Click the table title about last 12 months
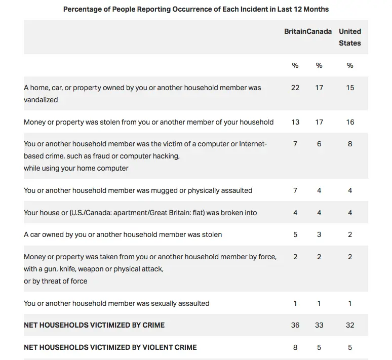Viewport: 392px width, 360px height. [x=195, y=9]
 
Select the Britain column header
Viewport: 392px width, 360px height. [x=295, y=31]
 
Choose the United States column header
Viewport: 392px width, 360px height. [x=350, y=37]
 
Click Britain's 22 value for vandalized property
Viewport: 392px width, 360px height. [x=295, y=88]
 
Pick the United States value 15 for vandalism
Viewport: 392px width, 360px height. [x=350, y=88]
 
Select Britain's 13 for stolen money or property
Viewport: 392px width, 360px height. [x=295, y=122]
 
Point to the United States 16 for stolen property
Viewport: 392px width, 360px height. [x=350, y=122]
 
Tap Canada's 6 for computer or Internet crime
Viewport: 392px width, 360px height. [x=319, y=144]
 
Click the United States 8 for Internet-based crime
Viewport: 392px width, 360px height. [x=350, y=144]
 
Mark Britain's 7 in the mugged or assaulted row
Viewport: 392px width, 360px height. [x=295, y=190]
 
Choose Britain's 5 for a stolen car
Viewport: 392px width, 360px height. [x=295, y=234]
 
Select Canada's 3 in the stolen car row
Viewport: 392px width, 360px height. [x=319, y=234]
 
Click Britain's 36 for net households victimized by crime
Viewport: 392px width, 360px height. [x=295, y=325]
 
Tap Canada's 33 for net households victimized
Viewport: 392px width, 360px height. [x=319, y=325]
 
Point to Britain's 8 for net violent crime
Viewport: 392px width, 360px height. [x=295, y=347]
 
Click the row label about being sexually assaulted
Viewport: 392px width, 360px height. [x=116, y=303]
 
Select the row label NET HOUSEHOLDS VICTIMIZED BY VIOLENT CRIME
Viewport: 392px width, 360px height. [x=110, y=347]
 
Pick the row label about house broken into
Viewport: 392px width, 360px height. [x=140, y=213]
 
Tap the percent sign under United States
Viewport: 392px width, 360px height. [x=350, y=65]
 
